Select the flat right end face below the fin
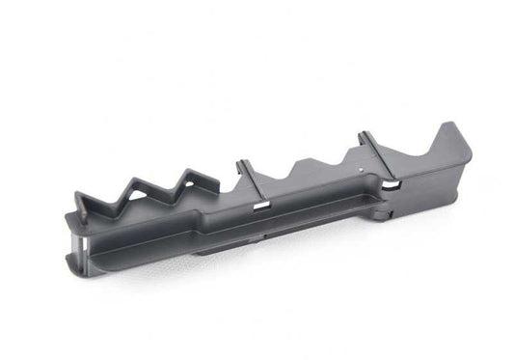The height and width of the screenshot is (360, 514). (x=463, y=179)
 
